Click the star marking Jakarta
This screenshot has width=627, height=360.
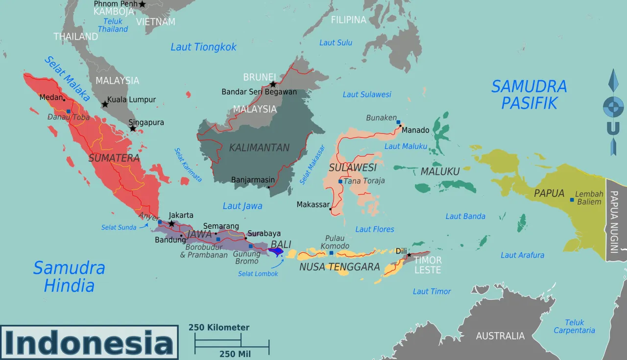click(171, 224)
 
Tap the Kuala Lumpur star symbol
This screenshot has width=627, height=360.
click(105, 104)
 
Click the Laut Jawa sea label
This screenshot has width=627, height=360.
click(242, 206)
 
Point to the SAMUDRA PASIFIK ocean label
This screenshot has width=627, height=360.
click(529, 95)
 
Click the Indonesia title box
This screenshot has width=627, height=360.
click(89, 343)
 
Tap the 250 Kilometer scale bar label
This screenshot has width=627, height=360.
click(219, 328)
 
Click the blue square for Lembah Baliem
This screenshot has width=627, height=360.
click(572, 200)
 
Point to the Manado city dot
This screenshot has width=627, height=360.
click(400, 126)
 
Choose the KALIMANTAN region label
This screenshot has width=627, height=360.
click(259, 147)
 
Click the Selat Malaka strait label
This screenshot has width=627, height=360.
click(67, 79)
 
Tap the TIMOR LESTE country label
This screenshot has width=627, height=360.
click(428, 265)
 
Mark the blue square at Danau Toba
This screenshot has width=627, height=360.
click(69, 112)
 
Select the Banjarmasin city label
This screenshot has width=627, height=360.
click(253, 180)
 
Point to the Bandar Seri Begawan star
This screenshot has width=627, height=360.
click(273, 84)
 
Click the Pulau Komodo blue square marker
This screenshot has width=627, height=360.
click(331, 253)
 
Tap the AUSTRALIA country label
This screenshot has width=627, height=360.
click(500, 336)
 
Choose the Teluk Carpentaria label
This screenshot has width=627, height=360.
click(574, 327)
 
